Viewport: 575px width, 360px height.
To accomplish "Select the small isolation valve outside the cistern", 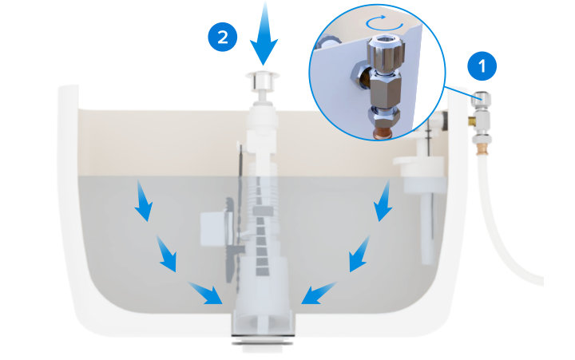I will click(x=482, y=120).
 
